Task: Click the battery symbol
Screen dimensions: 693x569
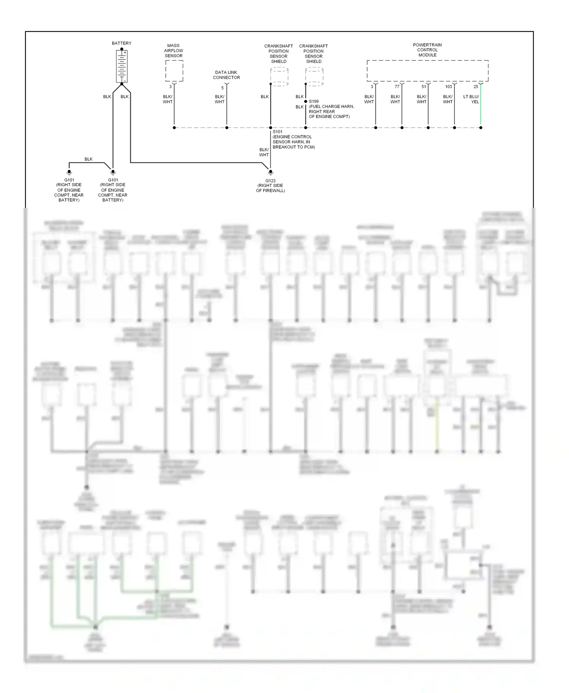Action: coord(121,66)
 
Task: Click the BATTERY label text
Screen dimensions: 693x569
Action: coord(121,43)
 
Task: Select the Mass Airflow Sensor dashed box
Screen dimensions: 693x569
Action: coord(174,71)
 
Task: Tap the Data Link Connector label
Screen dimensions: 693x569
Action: coord(226,75)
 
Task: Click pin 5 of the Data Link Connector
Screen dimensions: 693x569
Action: coord(223,88)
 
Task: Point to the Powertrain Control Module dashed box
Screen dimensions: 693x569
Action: coord(428,71)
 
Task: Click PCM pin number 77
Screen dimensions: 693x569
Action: coord(397,87)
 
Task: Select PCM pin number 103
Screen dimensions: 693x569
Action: coord(448,87)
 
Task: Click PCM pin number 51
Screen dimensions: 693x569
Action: coord(424,87)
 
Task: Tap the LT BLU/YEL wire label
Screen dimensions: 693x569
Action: coord(471,99)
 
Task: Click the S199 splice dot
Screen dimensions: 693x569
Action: coord(306,102)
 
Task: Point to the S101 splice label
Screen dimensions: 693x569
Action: coord(277,132)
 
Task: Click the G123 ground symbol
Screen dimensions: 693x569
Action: coord(270,172)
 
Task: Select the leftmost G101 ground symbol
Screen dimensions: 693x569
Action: coord(69,172)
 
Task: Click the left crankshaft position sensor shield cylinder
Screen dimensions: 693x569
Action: coord(279,77)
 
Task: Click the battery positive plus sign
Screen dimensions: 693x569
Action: coord(125,53)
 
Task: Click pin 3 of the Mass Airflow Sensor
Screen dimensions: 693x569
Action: coord(170,87)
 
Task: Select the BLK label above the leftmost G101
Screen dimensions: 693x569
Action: coord(88,159)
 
